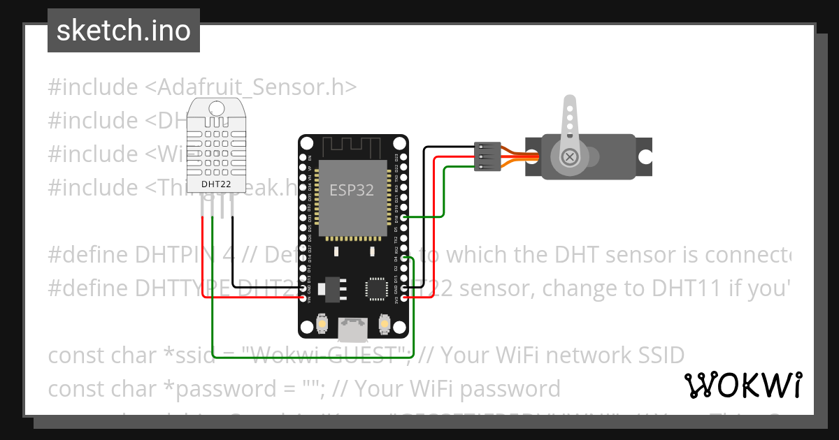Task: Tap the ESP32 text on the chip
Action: pos(352,190)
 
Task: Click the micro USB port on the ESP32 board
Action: pos(353,325)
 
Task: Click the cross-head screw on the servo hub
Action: pos(570,156)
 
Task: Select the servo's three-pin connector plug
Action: pos(487,156)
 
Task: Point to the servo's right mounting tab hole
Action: pos(643,156)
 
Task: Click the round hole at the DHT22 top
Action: pos(216,108)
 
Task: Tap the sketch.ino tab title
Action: pos(124,31)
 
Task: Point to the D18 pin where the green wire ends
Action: pos(403,218)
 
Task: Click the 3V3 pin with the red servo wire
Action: pos(403,297)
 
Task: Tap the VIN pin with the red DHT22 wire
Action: pos(303,297)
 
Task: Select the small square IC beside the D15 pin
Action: pos(376,288)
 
